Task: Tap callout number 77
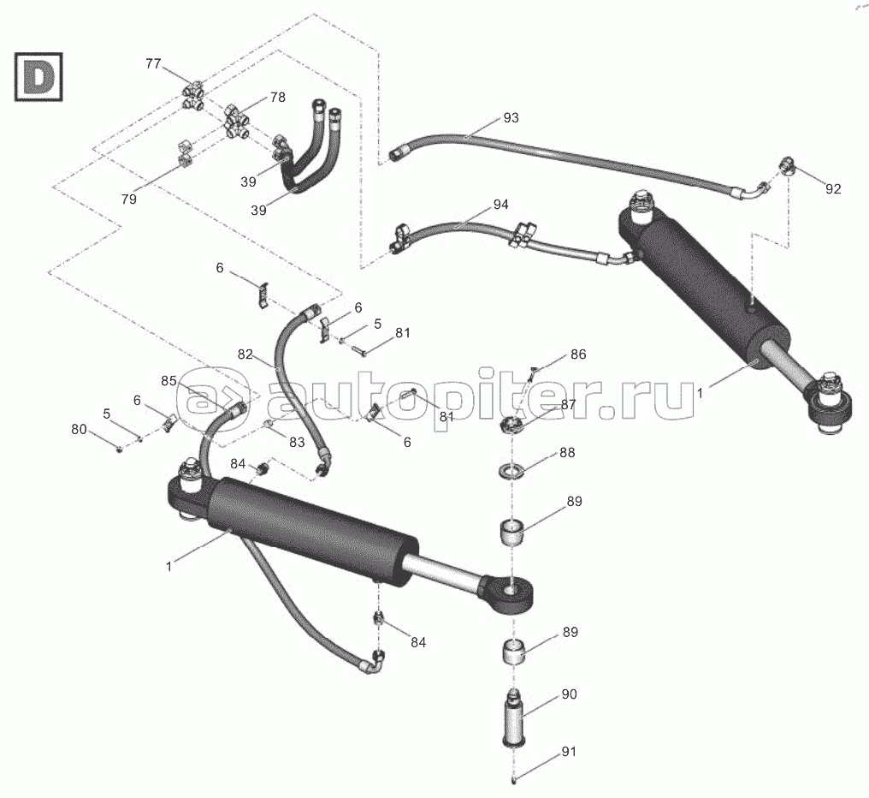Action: [x=153, y=63]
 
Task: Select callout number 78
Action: [x=277, y=98]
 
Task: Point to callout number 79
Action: [x=128, y=199]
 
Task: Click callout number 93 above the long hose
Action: [x=511, y=117]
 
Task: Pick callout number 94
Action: [x=500, y=205]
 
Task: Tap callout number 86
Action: [x=578, y=353]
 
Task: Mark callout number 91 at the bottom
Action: [x=569, y=753]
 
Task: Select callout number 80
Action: [x=80, y=430]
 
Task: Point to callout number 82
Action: [x=245, y=354]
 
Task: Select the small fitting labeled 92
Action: [x=788, y=165]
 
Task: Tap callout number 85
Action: [x=170, y=380]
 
